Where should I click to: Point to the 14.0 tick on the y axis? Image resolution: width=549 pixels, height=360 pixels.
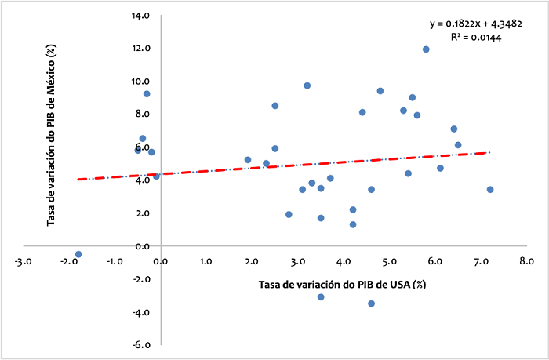click(x=141, y=16)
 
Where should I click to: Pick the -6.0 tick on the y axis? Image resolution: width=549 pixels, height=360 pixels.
click(x=141, y=345)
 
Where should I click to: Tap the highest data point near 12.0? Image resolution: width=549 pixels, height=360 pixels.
click(x=426, y=49)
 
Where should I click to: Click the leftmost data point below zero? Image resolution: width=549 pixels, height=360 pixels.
click(x=78, y=254)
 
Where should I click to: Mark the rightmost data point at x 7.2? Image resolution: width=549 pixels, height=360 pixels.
click(x=490, y=190)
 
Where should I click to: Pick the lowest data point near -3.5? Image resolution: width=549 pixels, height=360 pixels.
click(x=371, y=304)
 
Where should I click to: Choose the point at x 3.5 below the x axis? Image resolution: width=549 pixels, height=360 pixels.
click(x=321, y=297)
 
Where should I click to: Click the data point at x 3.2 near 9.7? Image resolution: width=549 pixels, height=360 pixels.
click(x=307, y=85)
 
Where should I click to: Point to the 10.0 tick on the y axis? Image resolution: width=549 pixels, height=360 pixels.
click(x=141, y=82)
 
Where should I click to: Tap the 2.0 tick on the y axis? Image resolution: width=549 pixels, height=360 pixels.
click(x=144, y=213)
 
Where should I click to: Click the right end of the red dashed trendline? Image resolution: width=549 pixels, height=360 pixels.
click(x=489, y=152)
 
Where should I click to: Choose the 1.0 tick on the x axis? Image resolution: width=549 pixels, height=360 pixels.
click(x=205, y=260)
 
